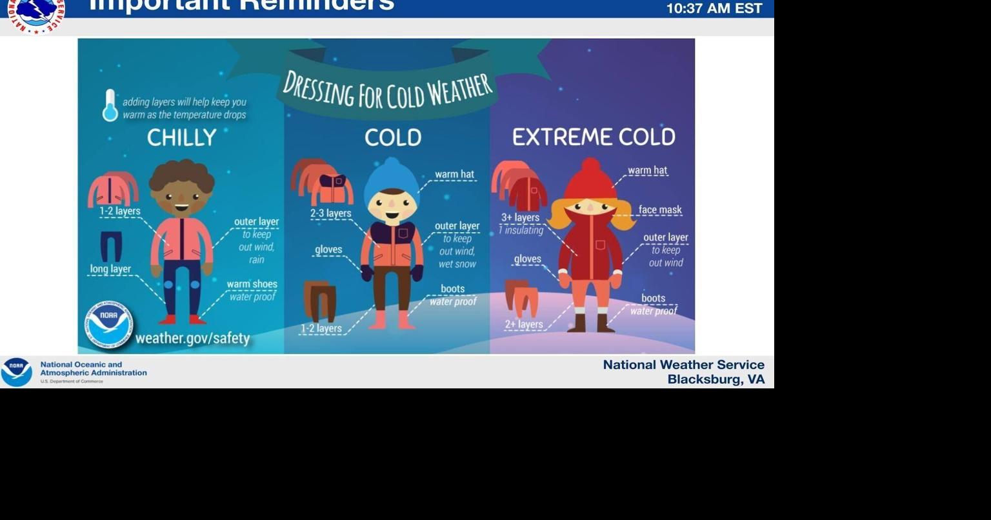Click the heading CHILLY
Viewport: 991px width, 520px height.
point(181,137)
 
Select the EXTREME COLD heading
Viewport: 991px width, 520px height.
point(594,137)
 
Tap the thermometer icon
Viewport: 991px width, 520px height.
point(110,105)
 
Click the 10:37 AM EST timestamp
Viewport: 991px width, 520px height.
point(714,8)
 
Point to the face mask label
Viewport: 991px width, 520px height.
point(659,210)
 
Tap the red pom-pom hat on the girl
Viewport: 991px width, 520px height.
point(590,179)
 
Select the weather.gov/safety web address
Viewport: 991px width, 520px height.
point(192,338)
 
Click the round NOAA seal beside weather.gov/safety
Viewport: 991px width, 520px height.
point(108,325)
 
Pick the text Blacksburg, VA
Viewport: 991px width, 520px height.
point(716,379)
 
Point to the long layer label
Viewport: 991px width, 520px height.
point(110,269)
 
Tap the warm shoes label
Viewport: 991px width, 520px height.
point(252,284)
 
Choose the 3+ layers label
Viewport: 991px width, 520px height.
point(520,217)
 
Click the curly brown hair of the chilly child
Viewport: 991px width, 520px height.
point(181,175)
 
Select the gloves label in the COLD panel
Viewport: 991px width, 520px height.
point(328,250)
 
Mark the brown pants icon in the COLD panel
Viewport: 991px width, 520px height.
point(320,301)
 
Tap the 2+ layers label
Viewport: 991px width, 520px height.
point(523,325)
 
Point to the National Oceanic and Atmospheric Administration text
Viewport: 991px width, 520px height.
point(93,368)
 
